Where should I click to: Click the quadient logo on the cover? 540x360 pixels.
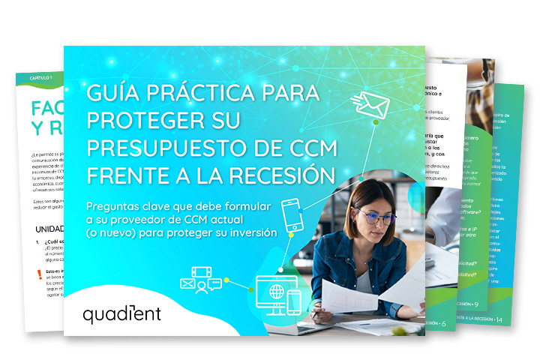click(121, 313)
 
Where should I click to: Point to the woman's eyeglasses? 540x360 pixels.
click(375, 217)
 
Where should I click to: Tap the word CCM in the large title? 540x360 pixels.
click(300, 148)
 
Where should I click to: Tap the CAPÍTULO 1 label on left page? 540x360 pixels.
click(41, 77)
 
